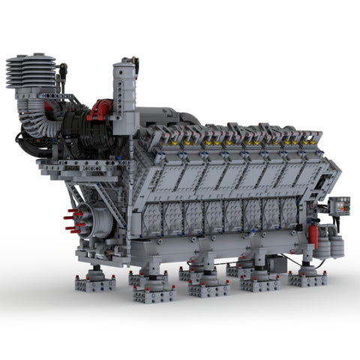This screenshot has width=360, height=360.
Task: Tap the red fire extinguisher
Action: (x=313, y=235)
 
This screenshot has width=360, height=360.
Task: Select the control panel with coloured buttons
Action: (x=339, y=205)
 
